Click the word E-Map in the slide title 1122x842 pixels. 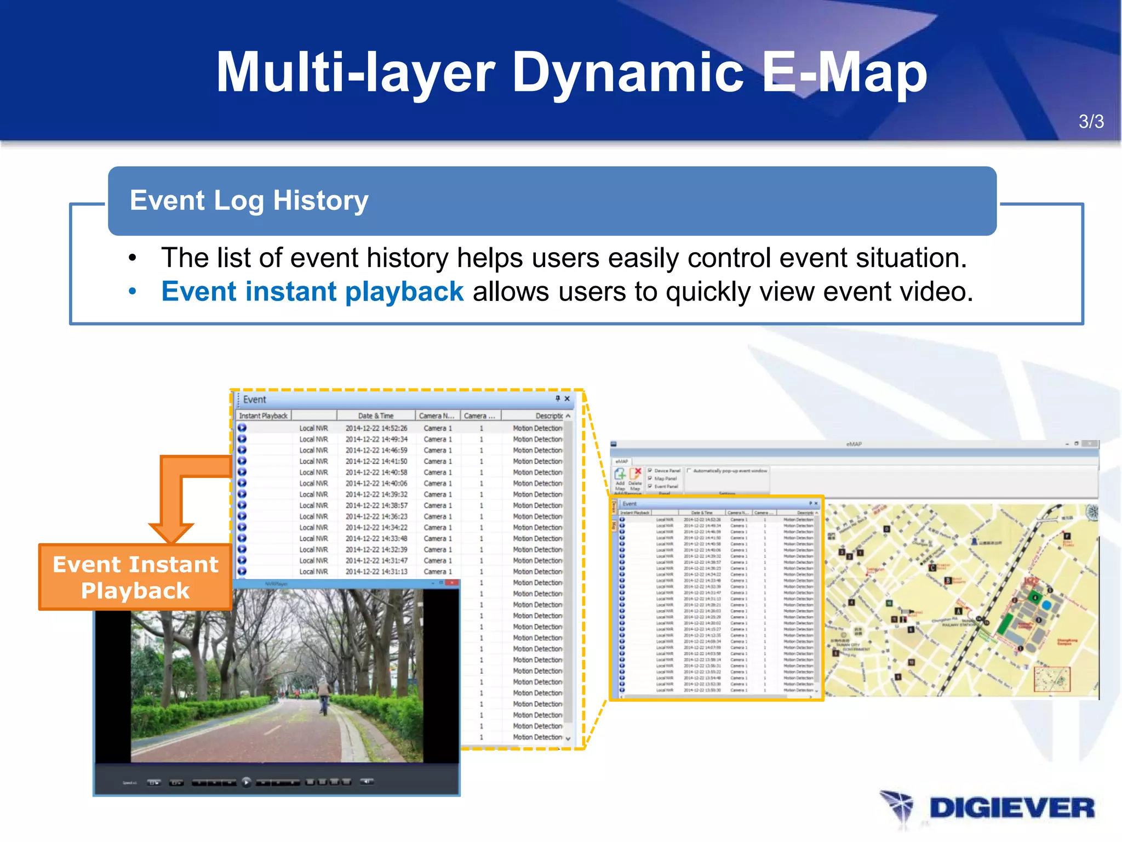(x=844, y=73)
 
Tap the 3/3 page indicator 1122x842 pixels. (x=1091, y=122)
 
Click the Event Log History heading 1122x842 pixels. (x=249, y=201)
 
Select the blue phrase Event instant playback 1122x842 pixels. (x=312, y=292)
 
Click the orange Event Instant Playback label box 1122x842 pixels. (x=135, y=577)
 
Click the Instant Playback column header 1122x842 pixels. (x=263, y=416)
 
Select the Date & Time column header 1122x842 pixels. (x=376, y=416)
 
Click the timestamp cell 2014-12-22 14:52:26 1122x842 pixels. (x=376, y=428)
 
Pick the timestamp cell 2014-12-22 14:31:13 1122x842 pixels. (x=376, y=572)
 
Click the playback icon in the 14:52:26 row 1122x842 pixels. (x=242, y=428)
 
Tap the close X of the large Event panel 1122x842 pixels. (x=567, y=399)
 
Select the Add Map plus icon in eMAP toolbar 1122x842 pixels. (x=620, y=474)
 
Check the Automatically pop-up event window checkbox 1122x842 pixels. (x=689, y=471)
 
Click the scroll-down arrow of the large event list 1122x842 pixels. (x=568, y=738)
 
